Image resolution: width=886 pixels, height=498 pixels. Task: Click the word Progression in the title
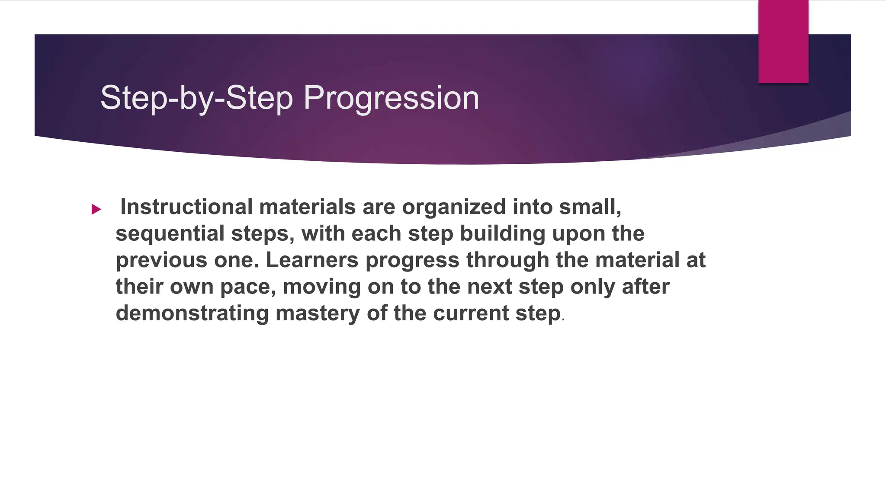pyautogui.click(x=391, y=98)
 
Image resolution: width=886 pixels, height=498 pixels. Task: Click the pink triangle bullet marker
pyautogui.click(x=96, y=210)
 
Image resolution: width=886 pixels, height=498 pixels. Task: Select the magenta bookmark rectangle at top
pyautogui.click(x=783, y=41)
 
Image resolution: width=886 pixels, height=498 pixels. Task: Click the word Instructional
pyautogui.click(x=186, y=207)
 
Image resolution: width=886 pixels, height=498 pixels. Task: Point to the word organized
pyautogui.click(x=454, y=207)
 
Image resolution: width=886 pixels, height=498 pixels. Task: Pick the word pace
pyautogui.click(x=247, y=287)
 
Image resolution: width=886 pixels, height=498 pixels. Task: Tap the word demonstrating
pyautogui.click(x=192, y=313)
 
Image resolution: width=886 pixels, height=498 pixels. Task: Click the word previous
pyautogui.click(x=161, y=260)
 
